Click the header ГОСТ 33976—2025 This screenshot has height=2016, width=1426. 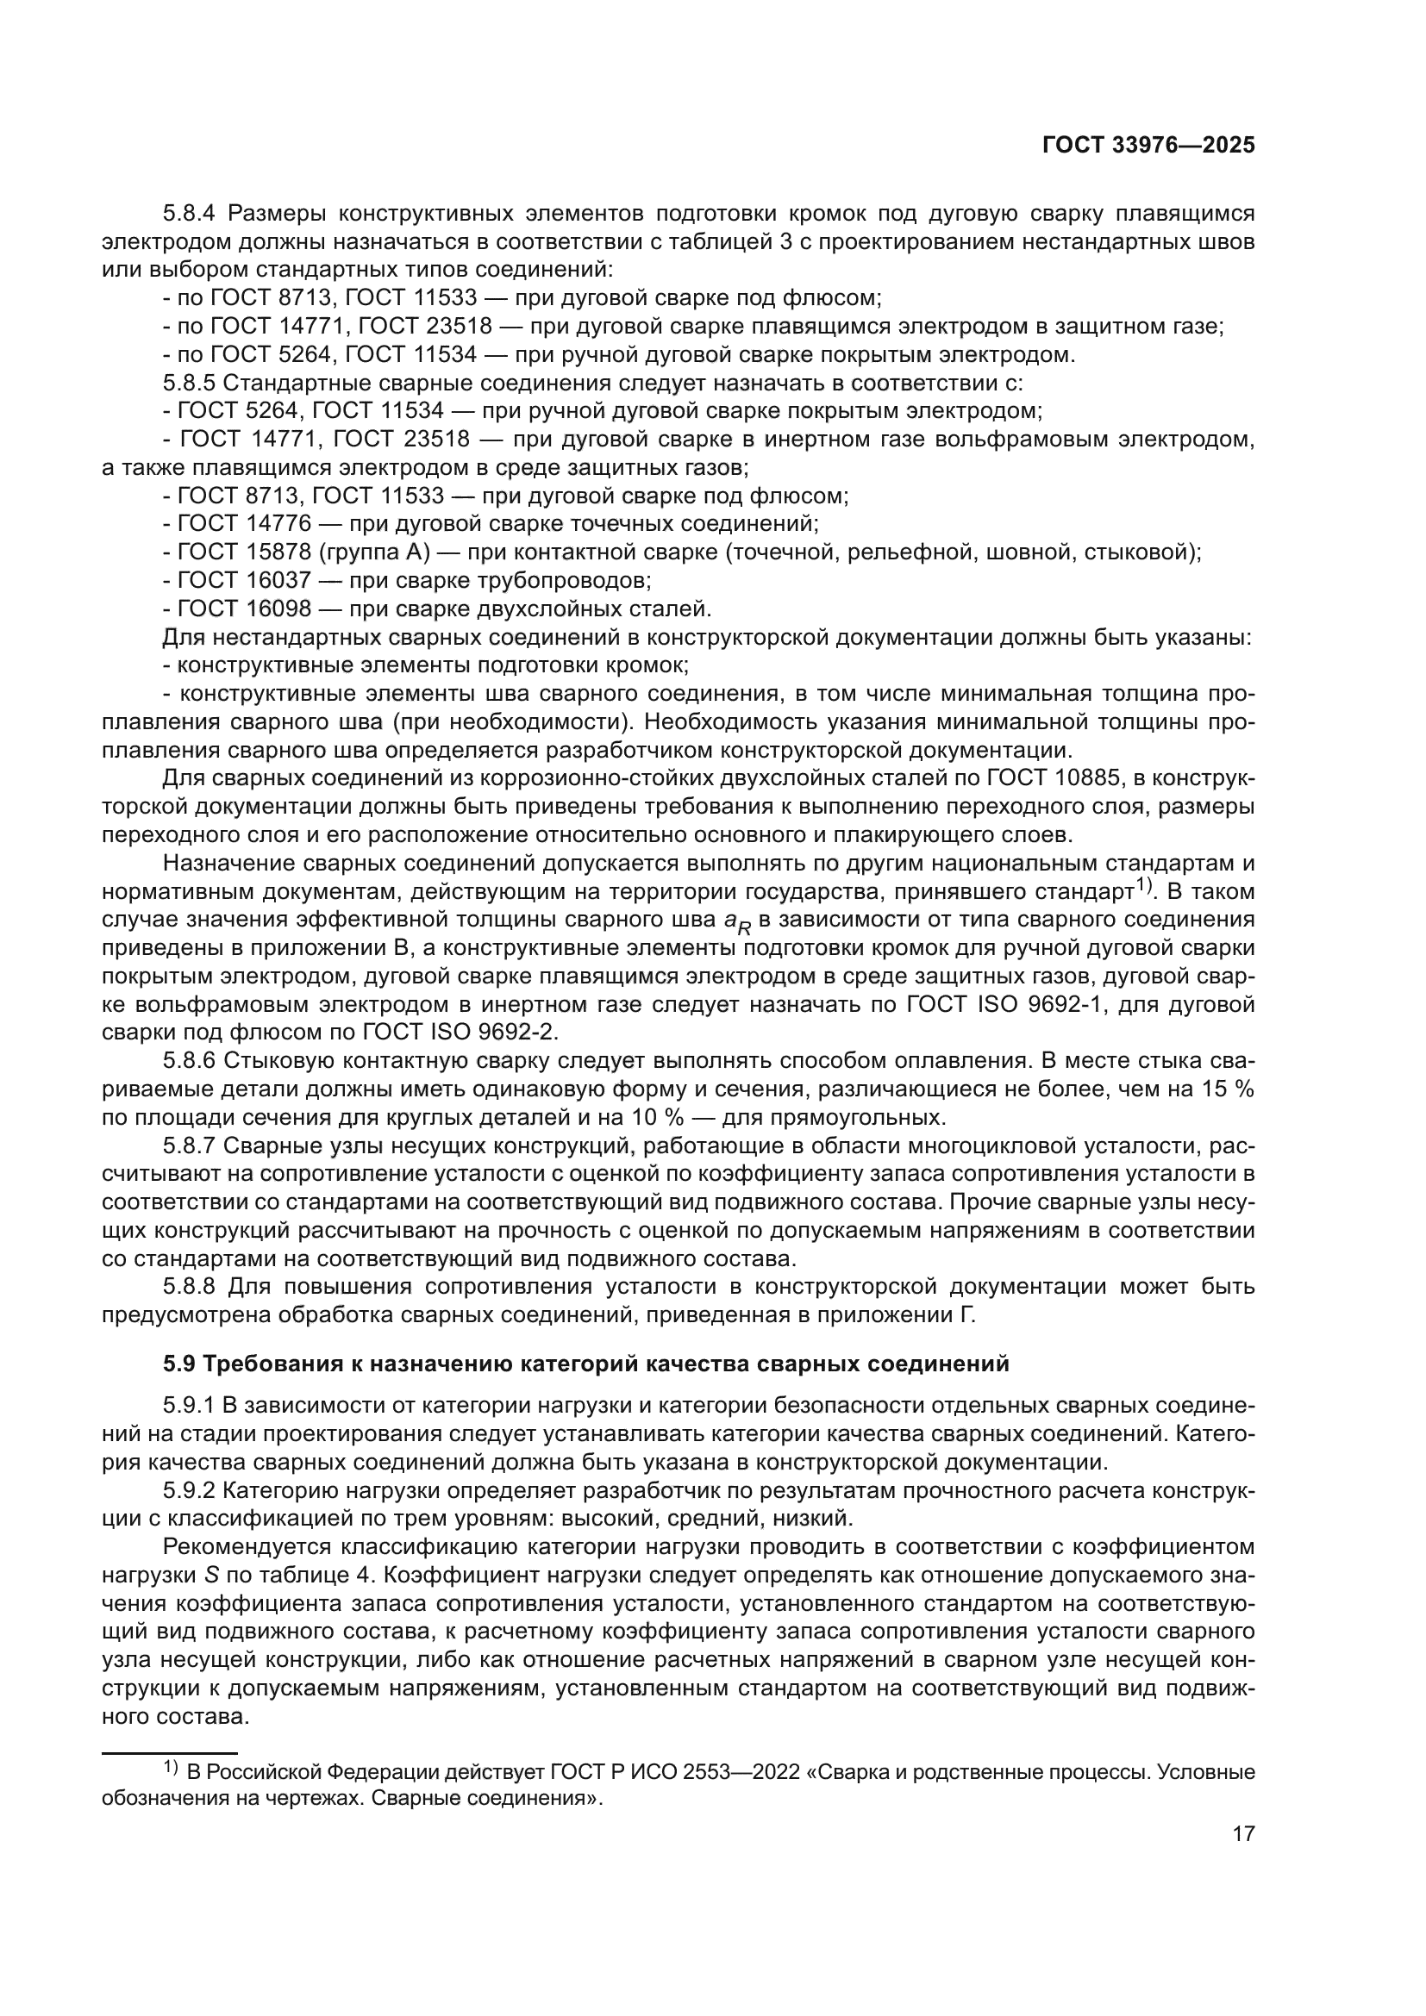[x=1148, y=146]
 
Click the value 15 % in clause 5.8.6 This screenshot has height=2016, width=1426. [x=1229, y=1089]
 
